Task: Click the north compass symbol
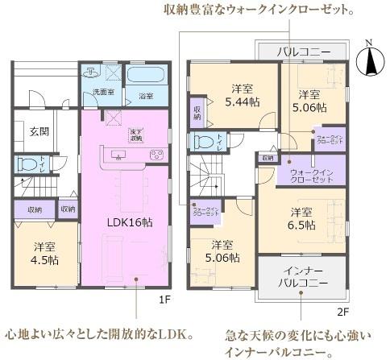(371, 59)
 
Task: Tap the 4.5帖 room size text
(45, 261)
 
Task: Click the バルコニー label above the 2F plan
(303, 52)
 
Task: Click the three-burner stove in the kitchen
(156, 154)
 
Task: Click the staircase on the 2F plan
(206, 176)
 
